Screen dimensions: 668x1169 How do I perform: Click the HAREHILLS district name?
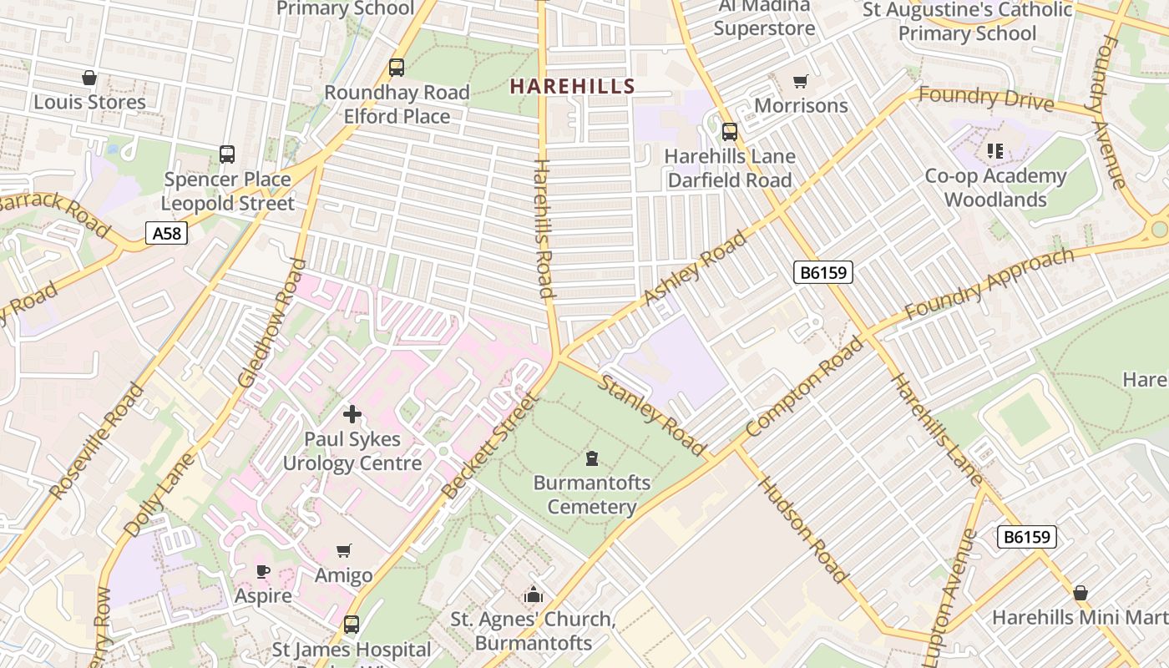pyautogui.click(x=573, y=86)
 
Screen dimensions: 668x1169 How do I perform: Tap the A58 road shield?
pyautogui.click(x=166, y=233)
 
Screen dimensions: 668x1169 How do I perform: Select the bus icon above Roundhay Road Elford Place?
pyautogui.click(x=397, y=67)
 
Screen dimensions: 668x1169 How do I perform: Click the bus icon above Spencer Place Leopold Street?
pyautogui.click(x=227, y=154)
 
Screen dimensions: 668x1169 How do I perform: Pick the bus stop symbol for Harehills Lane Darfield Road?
pyautogui.click(x=730, y=131)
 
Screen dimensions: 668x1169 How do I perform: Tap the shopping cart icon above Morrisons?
pyautogui.click(x=801, y=81)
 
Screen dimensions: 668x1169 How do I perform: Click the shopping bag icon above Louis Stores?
pyautogui.click(x=89, y=78)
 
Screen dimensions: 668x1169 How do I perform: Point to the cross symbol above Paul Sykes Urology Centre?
pyautogui.click(x=352, y=413)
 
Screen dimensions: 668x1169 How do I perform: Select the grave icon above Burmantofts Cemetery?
pyautogui.click(x=592, y=458)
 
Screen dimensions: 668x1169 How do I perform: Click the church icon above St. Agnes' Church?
pyautogui.click(x=533, y=595)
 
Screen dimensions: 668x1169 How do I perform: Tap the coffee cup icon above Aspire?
pyautogui.click(x=263, y=571)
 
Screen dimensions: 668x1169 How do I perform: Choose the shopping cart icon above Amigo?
pyautogui.click(x=343, y=550)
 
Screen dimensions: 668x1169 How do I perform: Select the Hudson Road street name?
pyautogui.click(x=803, y=530)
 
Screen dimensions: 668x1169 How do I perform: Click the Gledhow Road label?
pyautogui.click(x=272, y=323)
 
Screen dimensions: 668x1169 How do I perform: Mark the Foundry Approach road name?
pyautogui.click(x=989, y=283)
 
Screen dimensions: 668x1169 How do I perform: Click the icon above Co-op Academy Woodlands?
pyautogui.click(x=994, y=151)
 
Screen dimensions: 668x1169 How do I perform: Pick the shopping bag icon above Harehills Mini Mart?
pyautogui.click(x=1080, y=593)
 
